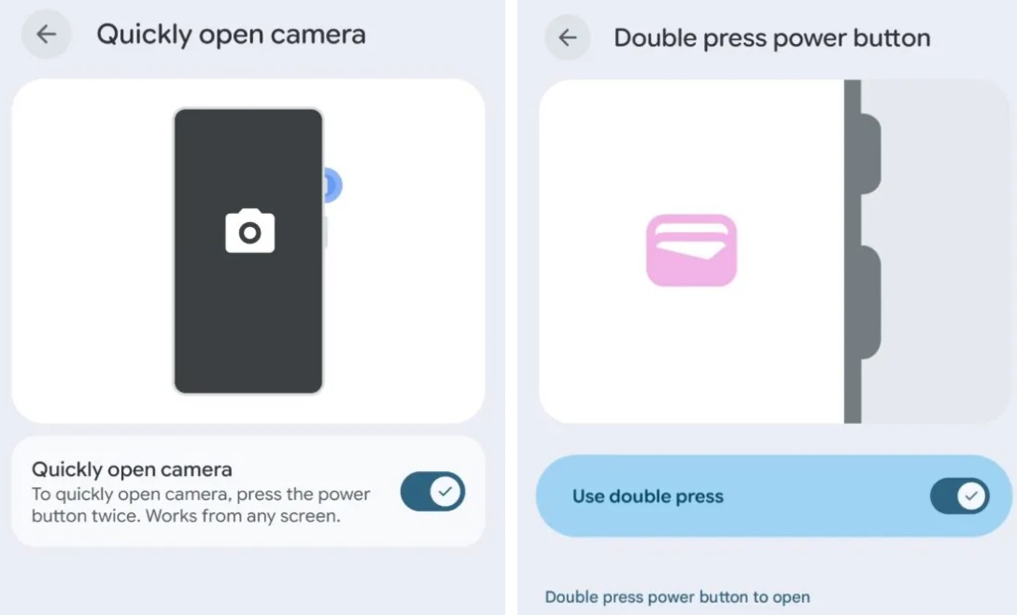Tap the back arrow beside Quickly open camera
tap(46, 35)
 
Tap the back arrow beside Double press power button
tap(568, 37)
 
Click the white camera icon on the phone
tap(249, 231)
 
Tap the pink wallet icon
tap(691, 250)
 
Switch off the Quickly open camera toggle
tap(432, 491)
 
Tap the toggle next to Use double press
tap(960, 496)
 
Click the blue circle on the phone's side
tap(332, 186)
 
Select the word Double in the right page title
tap(652, 38)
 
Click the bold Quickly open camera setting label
tap(132, 469)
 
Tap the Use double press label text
tap(647, 496)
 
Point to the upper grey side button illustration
tap(870, 154)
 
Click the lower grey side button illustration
tap(870, 302)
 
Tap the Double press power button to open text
tap(677, 597)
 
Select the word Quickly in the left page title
tap(144, 35)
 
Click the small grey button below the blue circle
tap(325, 232)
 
